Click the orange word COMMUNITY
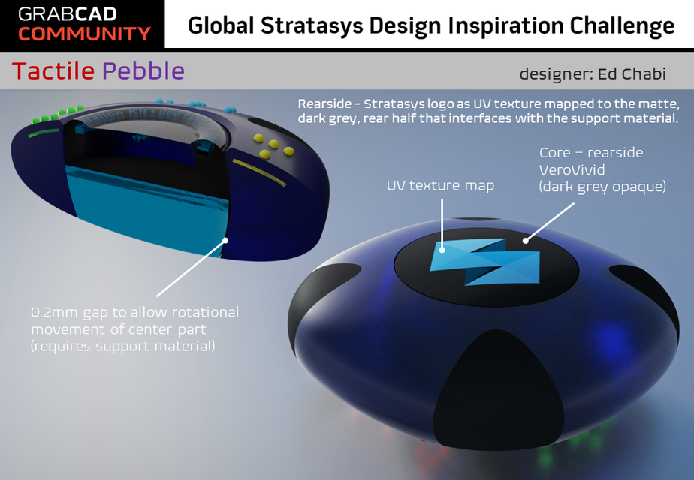point(84,34)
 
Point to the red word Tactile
point(53,71)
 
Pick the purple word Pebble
point(143,71)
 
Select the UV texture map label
point(440,185)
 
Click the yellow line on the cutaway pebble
point(258,172)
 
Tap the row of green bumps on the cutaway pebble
point(59,114)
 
